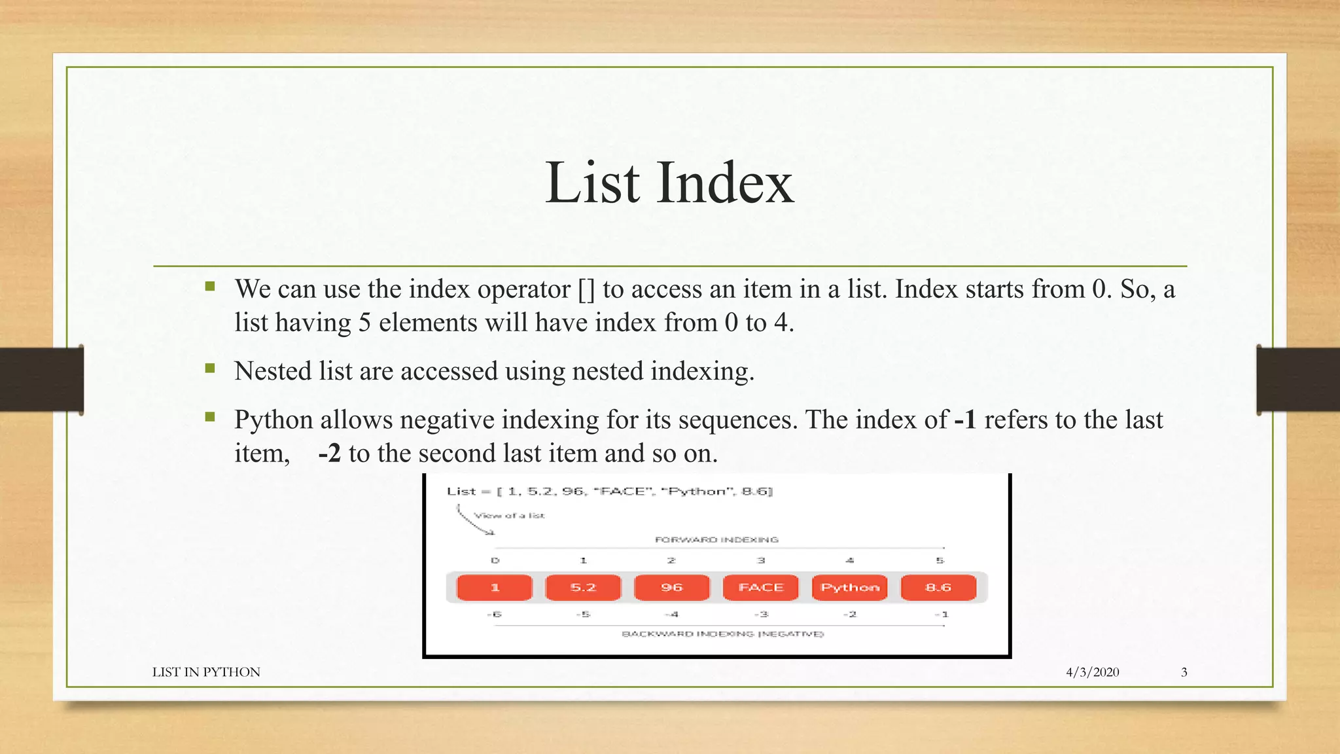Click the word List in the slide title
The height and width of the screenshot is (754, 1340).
click(592, 183)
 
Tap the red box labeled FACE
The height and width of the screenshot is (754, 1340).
click(760, 587)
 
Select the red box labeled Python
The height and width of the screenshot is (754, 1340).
click(849, 587)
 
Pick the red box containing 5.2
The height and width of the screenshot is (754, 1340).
click(583, 587)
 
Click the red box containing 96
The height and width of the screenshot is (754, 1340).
click(671, 587)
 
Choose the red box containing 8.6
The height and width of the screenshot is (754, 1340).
click(938, 587)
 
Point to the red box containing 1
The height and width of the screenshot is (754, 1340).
click(495, 587)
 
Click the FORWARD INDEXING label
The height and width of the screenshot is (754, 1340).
click(716, 539)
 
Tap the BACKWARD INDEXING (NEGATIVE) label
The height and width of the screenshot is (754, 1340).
click(722, 634)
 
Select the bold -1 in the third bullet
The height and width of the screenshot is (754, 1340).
click(965, 420)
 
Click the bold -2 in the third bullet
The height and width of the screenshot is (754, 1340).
click(329, 453)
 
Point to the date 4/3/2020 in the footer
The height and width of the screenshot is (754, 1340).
click(1092, 672)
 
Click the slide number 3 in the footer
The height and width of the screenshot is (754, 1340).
click(1184, 672)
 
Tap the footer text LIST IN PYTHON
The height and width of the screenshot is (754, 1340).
click(206, 672)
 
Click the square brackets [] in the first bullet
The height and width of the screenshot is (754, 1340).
click(586, 289)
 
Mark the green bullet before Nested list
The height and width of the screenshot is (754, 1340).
click(210, 368)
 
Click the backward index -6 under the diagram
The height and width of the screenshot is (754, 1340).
click(495, 614)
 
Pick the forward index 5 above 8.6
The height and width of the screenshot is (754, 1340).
click(940, 560)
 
